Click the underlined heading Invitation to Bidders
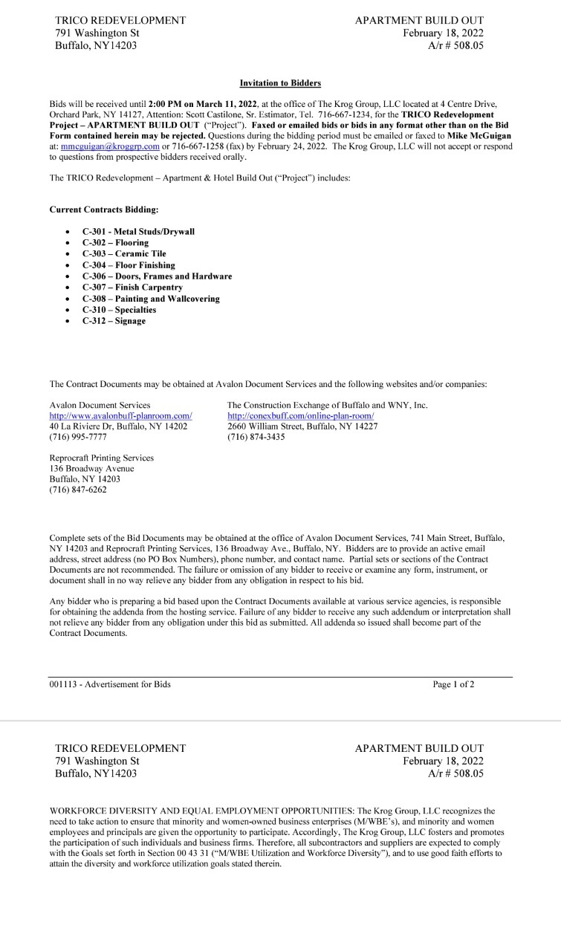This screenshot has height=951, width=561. [280, 83]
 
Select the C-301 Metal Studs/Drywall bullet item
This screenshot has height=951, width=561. [138, 232]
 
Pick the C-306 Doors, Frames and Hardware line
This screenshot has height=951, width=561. [157, 276]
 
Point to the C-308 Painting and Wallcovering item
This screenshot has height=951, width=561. [151, 299]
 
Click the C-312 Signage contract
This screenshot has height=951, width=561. [114, 321]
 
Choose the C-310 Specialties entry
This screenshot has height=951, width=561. [119, 310]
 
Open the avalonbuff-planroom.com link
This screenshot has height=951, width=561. [120, 416]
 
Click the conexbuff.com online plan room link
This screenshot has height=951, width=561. [300, 416]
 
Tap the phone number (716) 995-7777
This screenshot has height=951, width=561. [78, 438]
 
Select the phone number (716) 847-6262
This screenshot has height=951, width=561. [78, 490]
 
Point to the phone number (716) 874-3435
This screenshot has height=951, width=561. [256, 438]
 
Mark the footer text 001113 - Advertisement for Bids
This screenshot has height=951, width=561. [110, 684]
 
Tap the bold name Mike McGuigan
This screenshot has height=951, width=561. [479, 136]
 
